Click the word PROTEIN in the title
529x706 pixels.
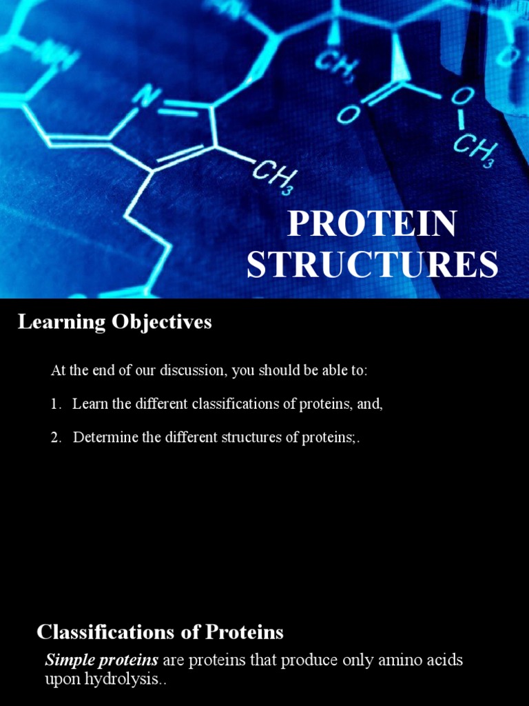pyautogui.click(x=372, y=224)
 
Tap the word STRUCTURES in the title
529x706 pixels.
pyautogui.click(x=372, y=265)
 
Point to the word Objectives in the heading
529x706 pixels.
pyautogui.click(x=158, y=322)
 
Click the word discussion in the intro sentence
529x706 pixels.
pyautogui.click(x=195, y=371)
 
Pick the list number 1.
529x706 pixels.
pyautogui.click(x=56, y=405)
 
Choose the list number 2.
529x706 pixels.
pyautogui.click(x=56, y=438)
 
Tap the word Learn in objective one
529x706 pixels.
pyautogui.click(x=90, y=405)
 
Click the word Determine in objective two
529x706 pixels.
pyautogui.click(x=105, y=438)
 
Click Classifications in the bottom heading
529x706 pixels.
pyautogui.click(x=116, y=632)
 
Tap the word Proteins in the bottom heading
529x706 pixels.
pyautogui.click(x=248, y=632)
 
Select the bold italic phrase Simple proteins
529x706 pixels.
pyautogui.click(x=102, y=660)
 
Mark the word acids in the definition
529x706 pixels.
pyautogui.click(x=440, y=660)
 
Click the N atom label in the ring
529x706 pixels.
pyautogui.click(x=147, y=97)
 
